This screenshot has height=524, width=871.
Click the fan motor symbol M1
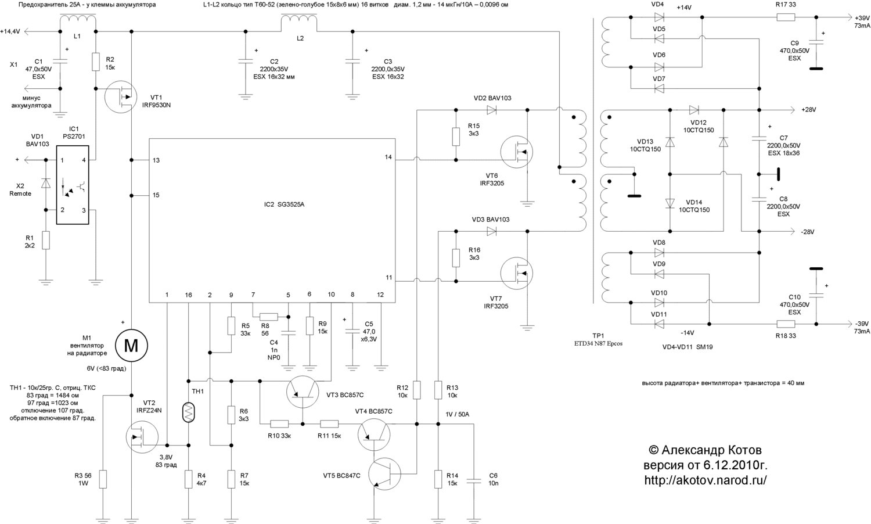pos(131,346)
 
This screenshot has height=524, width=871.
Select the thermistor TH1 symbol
pos(188,412)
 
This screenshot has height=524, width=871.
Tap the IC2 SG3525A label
pos(284,204)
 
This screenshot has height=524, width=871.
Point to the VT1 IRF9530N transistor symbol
pos(121,96)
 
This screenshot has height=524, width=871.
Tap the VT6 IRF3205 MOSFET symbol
pos(517,152)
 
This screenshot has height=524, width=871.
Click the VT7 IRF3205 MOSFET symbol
pos(517,274)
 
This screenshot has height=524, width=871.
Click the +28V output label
pos(808,110)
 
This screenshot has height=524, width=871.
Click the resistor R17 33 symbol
pos(786,17)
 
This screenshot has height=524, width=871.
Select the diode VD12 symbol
pos(694,110)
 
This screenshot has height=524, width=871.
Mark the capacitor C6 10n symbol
pos(474,480)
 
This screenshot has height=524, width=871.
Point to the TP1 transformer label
pos(599,336)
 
